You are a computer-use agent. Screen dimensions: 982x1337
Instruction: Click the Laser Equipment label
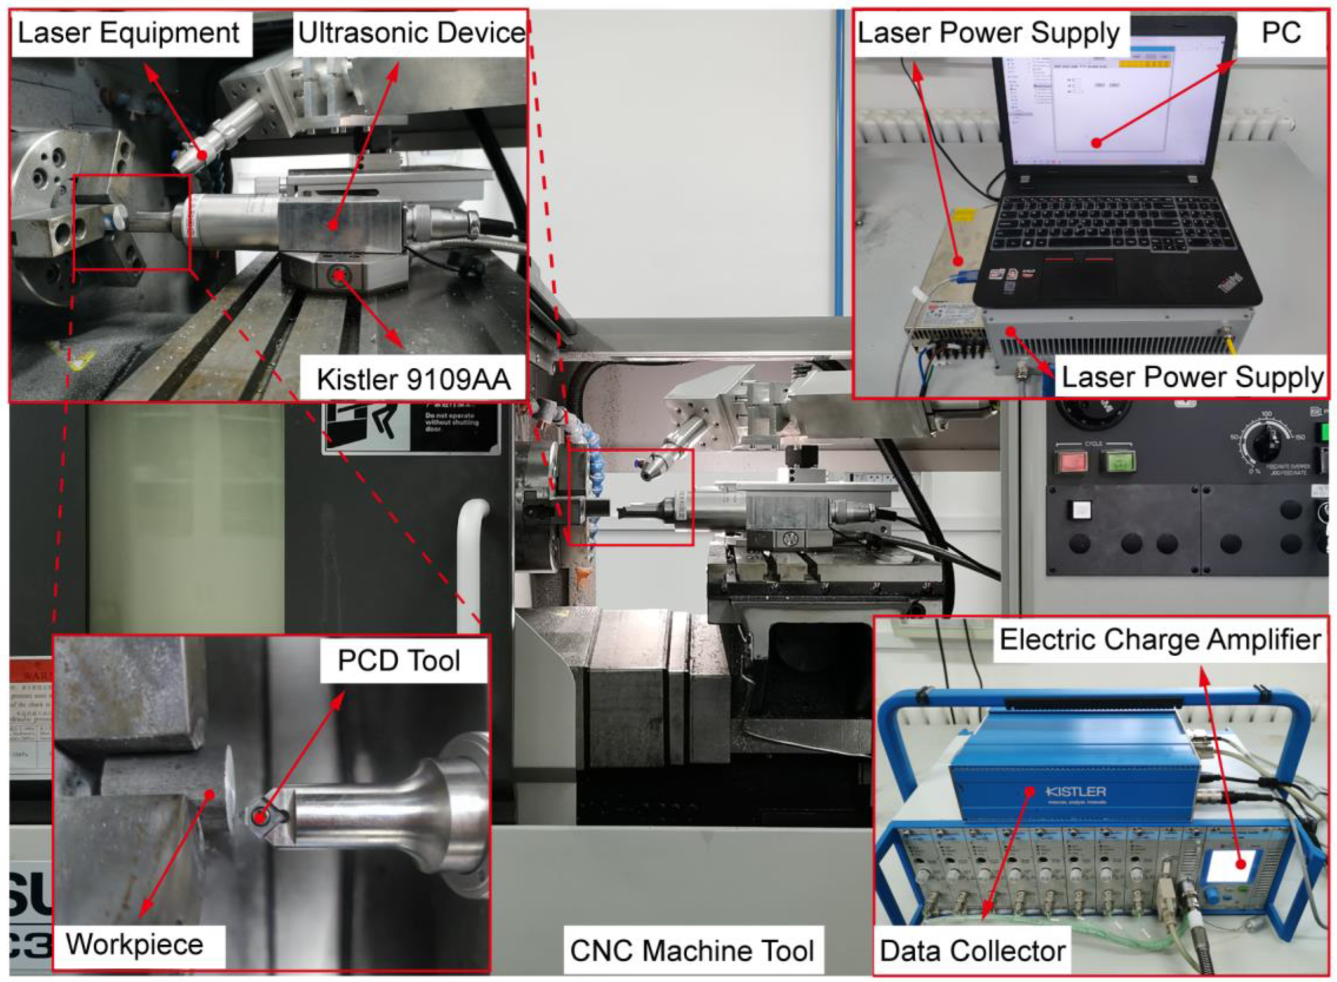pyautogui.click(x=129, y=33)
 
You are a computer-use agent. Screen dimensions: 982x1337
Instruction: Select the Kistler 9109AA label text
pyautogui.click(x=413, y=379)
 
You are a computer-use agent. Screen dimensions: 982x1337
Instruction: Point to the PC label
pyautogui.click(x=1281, y=33)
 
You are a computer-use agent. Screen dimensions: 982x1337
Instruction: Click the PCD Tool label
pyautogui.click(x=399, y=660)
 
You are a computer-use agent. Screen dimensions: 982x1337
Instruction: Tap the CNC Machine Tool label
pyautogui.click(x=692, y=951)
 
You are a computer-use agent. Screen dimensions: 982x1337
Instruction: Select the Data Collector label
pyautogui.click(x=972, y=951)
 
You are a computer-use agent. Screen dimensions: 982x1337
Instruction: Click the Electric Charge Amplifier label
pyautogui.click(x=1160, y=640)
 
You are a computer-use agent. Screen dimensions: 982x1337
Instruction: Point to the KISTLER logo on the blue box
pyautogui.click(x=1076, y=792)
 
